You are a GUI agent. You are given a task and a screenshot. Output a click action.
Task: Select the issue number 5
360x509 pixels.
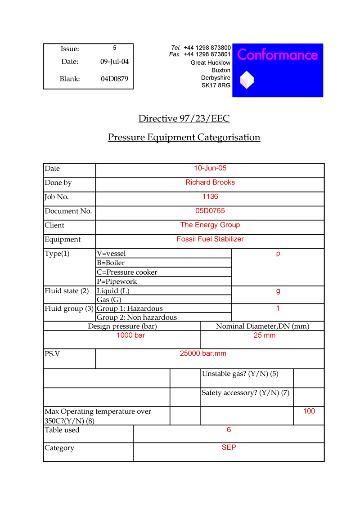click(x=115, y=48)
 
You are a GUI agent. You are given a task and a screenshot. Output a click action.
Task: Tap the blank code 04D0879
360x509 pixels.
click(x=114, y=79)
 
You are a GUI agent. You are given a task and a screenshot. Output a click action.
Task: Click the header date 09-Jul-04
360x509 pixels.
click(x=114, y=62)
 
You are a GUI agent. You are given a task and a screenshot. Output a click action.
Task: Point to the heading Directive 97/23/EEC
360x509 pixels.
click(x=184, y=119)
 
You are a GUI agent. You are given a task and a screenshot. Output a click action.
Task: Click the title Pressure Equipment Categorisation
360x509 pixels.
click(x=184, y=137)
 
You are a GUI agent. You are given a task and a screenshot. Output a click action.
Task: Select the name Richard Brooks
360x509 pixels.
click(x=210, y=183)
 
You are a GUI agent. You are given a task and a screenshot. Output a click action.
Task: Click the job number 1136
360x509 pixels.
click(x=210, y=196)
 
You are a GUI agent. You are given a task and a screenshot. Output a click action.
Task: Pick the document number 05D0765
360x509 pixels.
click(x=210, y=211)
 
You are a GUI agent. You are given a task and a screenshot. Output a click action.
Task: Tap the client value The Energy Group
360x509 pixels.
click(x=210, y=225)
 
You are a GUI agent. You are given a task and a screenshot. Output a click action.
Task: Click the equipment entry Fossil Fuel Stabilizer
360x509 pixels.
click(x=210, y=239)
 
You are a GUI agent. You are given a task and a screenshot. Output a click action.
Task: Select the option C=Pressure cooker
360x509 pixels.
click(x=127, y=272)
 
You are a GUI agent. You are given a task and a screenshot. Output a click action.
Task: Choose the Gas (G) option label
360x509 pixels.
click(x=109, y=299)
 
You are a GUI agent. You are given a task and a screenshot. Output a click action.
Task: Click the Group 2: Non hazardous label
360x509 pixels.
click(x=137, y=317)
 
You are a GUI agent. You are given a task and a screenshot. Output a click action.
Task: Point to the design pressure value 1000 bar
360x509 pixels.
click(x=130, y=335)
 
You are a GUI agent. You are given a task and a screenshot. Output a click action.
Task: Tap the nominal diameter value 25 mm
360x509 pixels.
click(x=264, y=335)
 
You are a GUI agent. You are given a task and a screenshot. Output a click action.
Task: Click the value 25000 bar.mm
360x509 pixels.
click(x=203, y=353)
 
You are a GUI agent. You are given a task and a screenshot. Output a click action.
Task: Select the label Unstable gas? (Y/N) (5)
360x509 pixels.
click(x=240, y=374)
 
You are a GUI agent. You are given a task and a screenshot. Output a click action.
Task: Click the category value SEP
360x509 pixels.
click(x=229, y=448)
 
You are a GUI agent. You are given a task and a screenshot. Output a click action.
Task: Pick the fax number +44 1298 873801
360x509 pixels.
click(x=207, y=54)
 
